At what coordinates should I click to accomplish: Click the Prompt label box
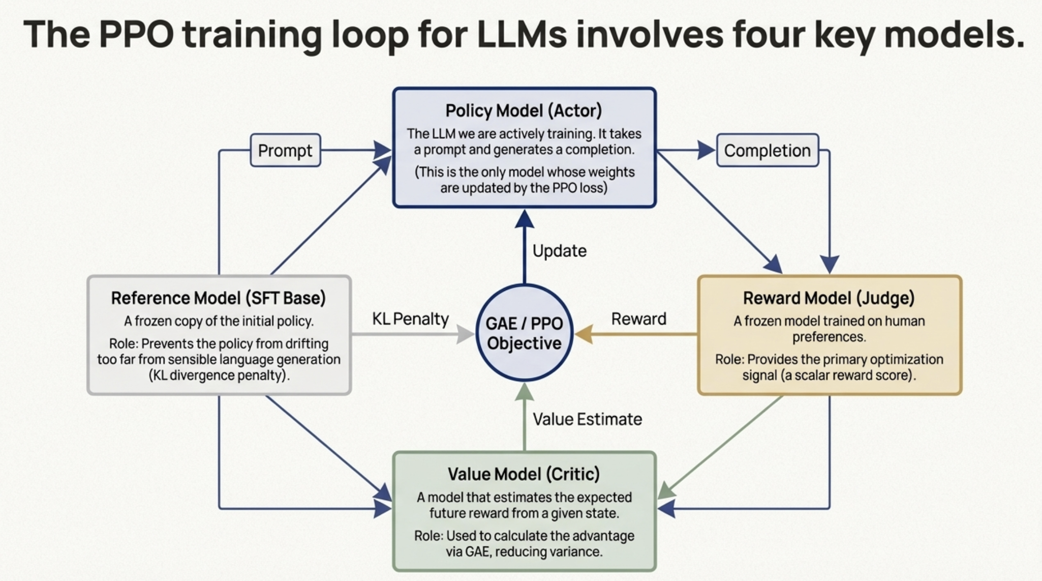(x=285, y=150)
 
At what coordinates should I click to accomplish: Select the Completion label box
(x=767, y=150)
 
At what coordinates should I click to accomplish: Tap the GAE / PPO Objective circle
(x=524, y=333)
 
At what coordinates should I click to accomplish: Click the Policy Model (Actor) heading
(x=524, y=110)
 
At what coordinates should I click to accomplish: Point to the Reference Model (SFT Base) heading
(x=219, y=298)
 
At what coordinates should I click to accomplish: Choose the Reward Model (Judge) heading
(x=829, y=298)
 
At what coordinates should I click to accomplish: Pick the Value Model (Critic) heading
(x=524, y=474)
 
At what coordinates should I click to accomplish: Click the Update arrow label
(x=559, y=251)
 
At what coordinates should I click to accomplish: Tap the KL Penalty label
(x=410, y=319)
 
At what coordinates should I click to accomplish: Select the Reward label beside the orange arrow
(x=638, y=319)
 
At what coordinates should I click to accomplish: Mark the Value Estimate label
(x=587, y=419)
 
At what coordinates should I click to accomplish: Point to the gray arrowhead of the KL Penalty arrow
(x=465, y=334)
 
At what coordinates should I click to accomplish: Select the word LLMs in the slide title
(x=522, y=35)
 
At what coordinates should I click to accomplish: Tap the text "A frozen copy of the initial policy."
(x=219, y=321)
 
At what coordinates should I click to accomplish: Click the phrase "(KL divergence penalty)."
(x=219, y=375)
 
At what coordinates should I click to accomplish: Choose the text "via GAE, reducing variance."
(x=524, y=551)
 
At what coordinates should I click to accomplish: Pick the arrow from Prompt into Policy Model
(x=356, y=150)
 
